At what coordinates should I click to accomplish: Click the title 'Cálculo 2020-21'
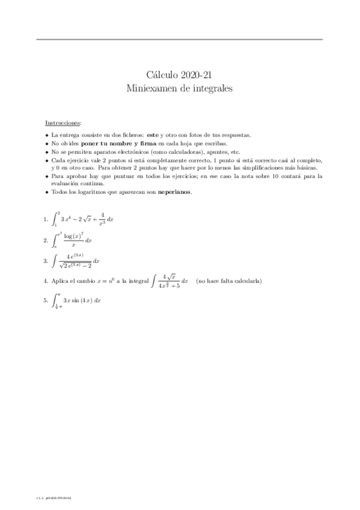(x=180, y=75)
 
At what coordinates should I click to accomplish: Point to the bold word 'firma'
(x=149, y=144)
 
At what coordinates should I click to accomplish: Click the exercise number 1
(x=46, y=220)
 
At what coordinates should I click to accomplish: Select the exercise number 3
(x=46, y=262)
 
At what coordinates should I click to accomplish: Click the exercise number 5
(x=46, y=300)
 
